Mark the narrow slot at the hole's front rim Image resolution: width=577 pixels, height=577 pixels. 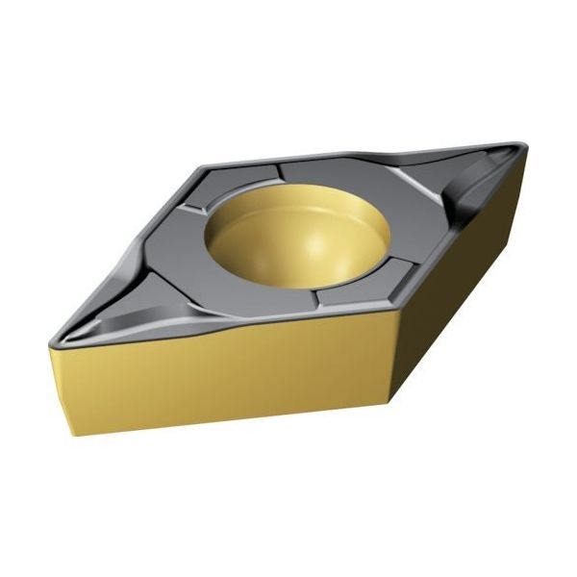tap(322, 298)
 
